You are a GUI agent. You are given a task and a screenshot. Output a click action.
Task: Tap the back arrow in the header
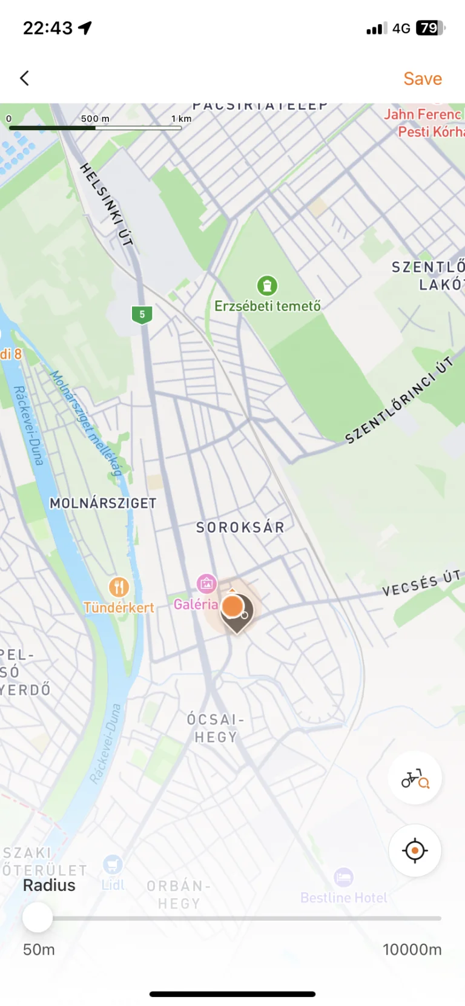(x=25, y=78)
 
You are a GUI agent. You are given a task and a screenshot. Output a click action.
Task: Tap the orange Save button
(x=423, y=79)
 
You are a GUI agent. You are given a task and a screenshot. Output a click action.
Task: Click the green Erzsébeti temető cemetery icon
(x=267, y=285)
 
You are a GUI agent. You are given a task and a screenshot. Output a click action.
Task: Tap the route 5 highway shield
(x=142, y=314)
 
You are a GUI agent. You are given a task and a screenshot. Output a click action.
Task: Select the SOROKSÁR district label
(x=240, y=527)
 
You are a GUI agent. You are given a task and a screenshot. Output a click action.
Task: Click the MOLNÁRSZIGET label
(x=103, y=503)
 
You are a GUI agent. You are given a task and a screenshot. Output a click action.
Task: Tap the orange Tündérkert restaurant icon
(x=119, y=587)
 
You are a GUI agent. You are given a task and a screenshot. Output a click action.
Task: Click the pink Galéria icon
(x=206, y=584)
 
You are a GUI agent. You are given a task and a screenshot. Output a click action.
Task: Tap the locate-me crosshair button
(x=415, y=850)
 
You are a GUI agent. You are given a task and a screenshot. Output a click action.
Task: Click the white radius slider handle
(x=38, y=918)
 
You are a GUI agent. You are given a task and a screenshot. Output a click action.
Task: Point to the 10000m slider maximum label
(x=412, y=949)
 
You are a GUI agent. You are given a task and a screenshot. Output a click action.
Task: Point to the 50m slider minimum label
(x=39, y=949)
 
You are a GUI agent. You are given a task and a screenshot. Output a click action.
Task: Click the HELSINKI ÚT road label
(x=107, y=204)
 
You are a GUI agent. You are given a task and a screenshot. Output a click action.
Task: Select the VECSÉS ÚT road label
(x=421, y=582)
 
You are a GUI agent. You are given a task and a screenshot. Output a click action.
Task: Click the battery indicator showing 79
(x=430, y=28)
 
